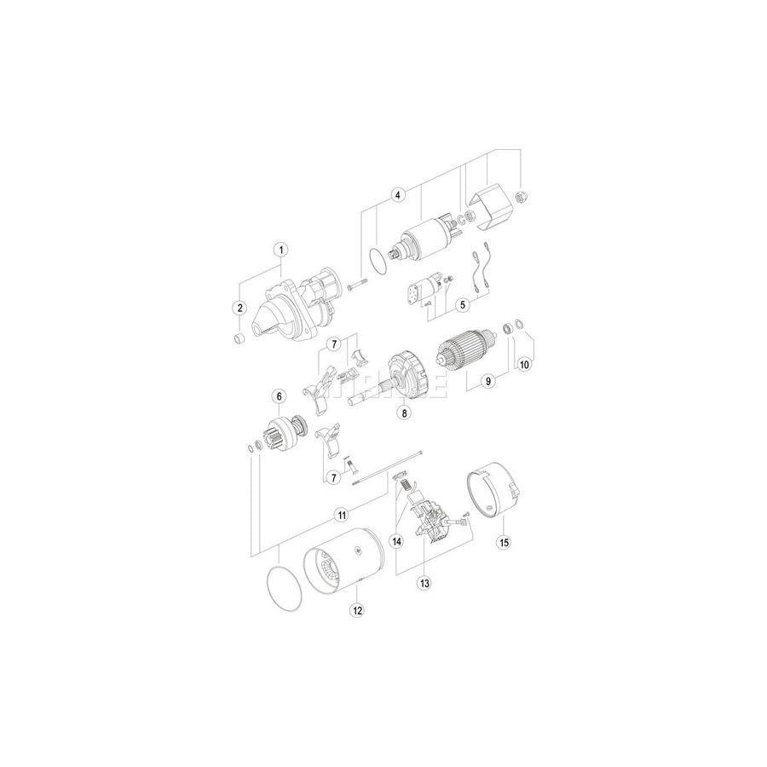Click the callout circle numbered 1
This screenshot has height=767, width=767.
279,251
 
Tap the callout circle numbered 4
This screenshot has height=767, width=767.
396,195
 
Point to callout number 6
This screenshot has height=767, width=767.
278,395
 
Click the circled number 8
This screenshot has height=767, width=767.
405,412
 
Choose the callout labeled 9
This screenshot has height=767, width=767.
488,381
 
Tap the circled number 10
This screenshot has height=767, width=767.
524,363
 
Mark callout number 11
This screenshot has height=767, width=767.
340,515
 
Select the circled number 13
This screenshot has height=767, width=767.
423,584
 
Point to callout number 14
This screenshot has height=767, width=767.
395,540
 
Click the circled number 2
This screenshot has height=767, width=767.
239,308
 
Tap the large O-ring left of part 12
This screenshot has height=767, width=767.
280,588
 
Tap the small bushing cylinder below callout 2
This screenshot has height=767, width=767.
240,339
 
